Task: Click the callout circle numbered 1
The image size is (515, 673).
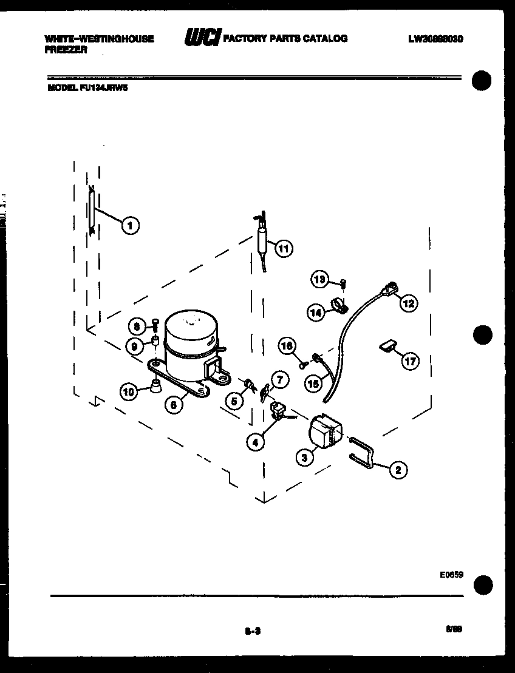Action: (x=129, y=225)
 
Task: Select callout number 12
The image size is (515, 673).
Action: (x=408, y=303)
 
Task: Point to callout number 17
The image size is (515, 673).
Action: (x=411, y=362)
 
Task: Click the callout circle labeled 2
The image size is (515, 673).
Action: (x=398, y=468)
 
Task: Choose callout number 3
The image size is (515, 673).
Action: (x=304, y=457)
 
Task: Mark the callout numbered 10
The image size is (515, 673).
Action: (x=128, y=391)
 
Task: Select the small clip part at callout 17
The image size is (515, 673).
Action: (x=387, y=346)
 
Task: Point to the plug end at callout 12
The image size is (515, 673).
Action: (x=389, y=288)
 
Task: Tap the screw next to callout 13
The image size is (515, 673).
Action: (x=343, y=282)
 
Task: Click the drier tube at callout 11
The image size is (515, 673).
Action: (x=262, y=237)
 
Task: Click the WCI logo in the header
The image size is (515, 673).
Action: (x=203, y=38)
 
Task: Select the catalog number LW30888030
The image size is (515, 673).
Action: (x=436, y=39)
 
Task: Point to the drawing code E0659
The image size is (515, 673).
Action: (x=452, y=575)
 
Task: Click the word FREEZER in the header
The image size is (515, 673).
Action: (x=66, y=50)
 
